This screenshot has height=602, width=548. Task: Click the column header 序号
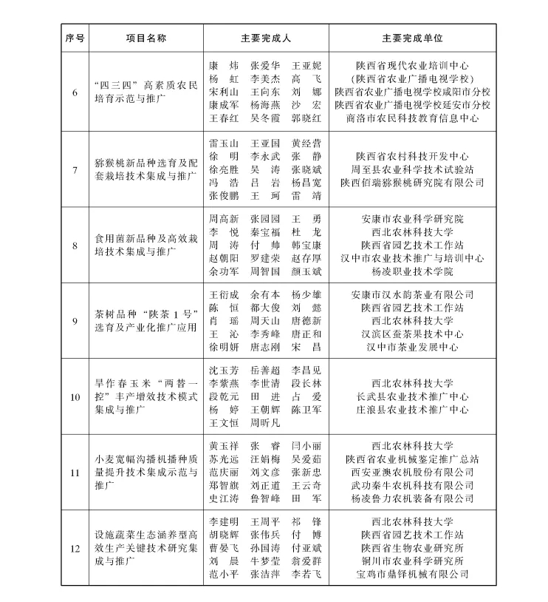point(75,37)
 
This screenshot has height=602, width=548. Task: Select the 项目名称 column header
point(145,37)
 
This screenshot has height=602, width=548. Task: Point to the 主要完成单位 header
point(412,37)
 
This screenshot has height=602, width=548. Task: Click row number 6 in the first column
point(75,92)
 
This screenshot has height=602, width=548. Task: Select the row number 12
point(75,549)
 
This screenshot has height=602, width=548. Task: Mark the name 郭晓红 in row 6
point(306,118)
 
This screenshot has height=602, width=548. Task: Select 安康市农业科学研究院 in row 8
point(412,220)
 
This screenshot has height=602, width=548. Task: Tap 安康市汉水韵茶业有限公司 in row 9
point(412,295)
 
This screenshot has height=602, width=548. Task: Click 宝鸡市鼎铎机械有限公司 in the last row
point(412,574)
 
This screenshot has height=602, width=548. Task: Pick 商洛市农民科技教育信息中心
point(412,118)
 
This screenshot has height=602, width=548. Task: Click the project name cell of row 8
point(145,246)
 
